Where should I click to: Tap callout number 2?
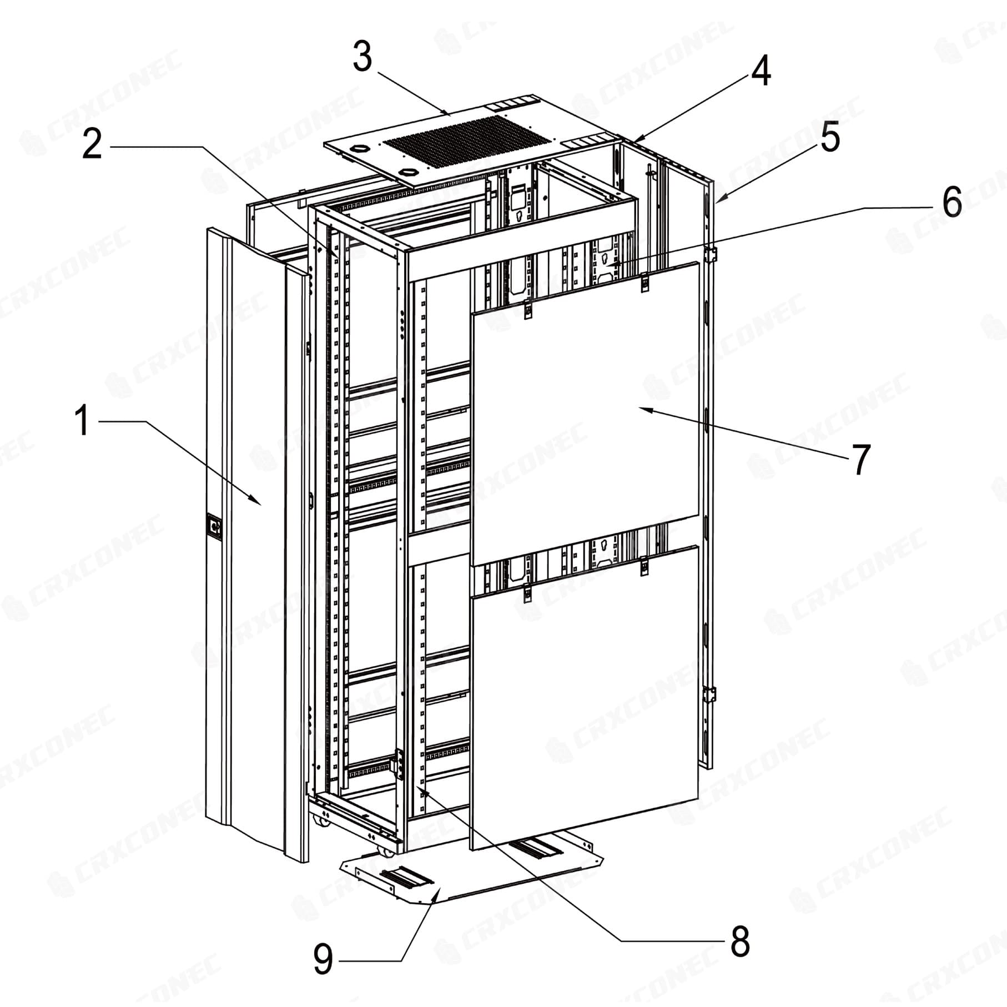point(93,143)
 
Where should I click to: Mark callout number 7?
point(860,459)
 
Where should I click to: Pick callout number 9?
point(323,959)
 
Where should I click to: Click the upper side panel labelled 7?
point(584,414)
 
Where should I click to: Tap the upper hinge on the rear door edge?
point(710,254)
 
